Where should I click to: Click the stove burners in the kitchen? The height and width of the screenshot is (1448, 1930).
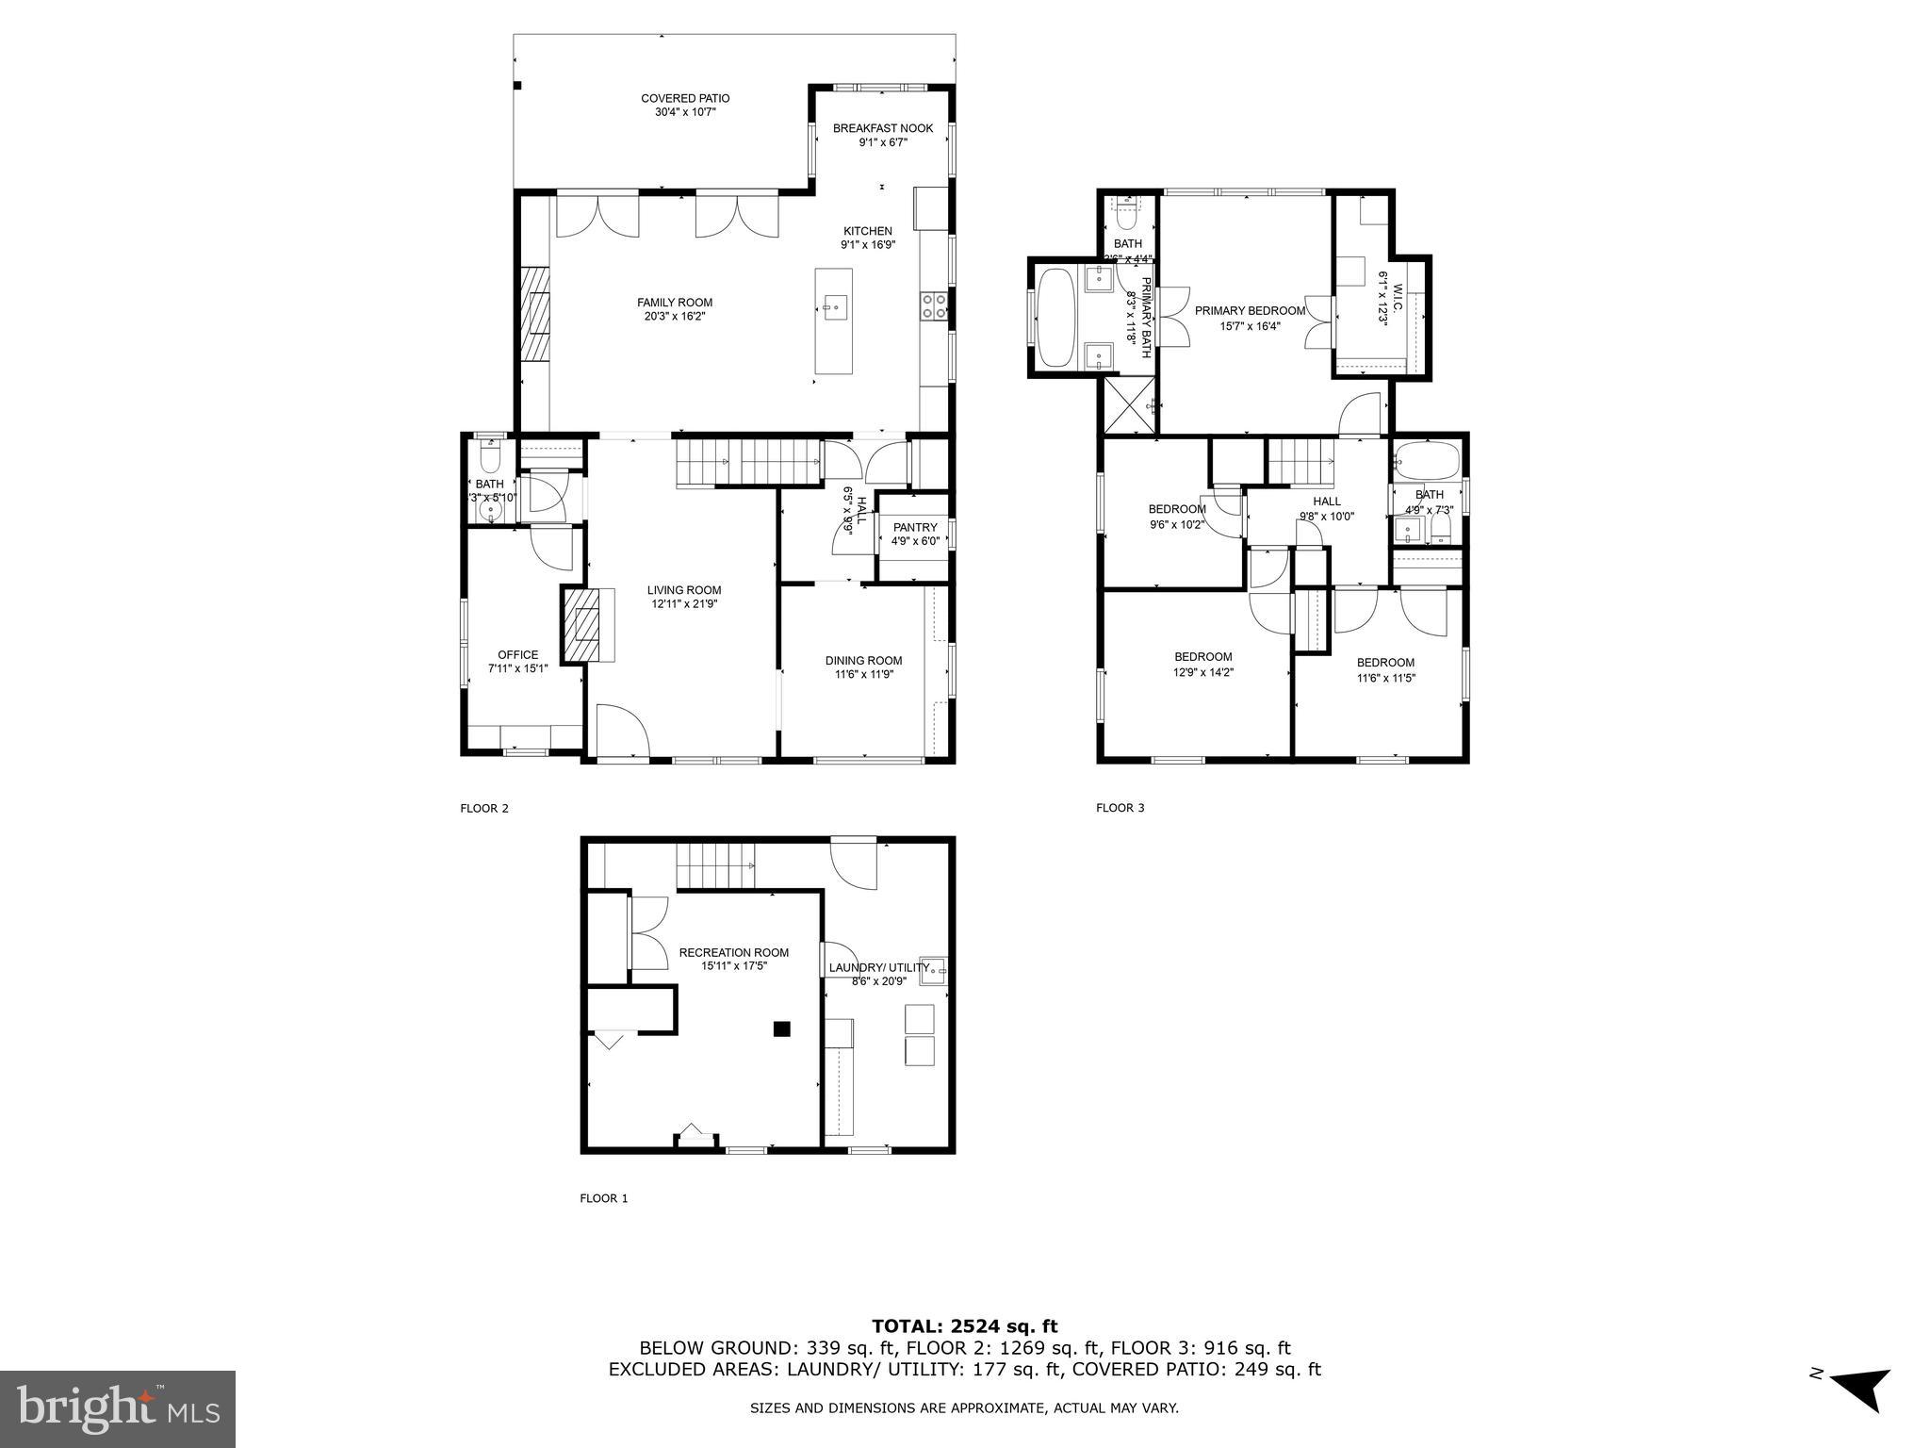934,305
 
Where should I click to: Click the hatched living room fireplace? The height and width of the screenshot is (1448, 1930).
581,625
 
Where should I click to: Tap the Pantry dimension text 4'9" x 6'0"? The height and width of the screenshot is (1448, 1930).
915,541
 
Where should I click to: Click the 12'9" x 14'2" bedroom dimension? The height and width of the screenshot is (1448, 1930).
1202,673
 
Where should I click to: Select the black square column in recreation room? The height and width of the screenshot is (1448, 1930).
781,1029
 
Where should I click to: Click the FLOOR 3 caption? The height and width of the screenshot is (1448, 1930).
1120,808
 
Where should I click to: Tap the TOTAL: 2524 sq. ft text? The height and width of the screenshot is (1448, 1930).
964,1327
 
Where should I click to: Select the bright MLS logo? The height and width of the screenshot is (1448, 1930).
118,1408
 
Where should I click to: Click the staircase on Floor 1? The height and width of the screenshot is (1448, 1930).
716,865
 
